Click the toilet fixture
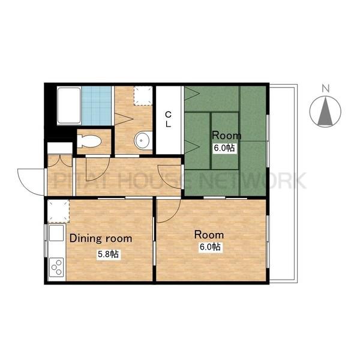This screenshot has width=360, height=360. (x=88, y=141)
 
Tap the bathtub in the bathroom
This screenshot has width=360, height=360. (x=69, y=106)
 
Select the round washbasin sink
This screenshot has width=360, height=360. (x=143, y=140)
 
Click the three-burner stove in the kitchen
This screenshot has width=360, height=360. (x=57, y=267)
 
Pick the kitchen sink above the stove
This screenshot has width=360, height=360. (x=56, y=233)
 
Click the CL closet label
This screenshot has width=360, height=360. (x=168, y=119)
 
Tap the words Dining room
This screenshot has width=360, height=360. (x=101, y=238)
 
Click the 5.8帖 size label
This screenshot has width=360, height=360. (x=108, y=254)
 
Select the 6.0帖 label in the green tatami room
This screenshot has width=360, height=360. (x=224, y=148)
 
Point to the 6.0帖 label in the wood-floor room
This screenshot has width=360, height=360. (x=210, y=247)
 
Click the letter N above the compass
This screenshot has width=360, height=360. (x=325, y=88)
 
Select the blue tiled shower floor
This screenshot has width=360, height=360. (x=97, y=106)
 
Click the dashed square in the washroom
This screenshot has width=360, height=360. (x=143, y=95)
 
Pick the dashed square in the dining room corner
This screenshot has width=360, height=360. (x=58, y=211)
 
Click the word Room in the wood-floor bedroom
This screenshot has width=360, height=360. (x=209, y=235)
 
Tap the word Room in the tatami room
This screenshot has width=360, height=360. (x=226, y=136)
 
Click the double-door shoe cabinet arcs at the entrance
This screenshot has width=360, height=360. (x=60, y=161)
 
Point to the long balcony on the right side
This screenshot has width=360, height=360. (x=283, y=184)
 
